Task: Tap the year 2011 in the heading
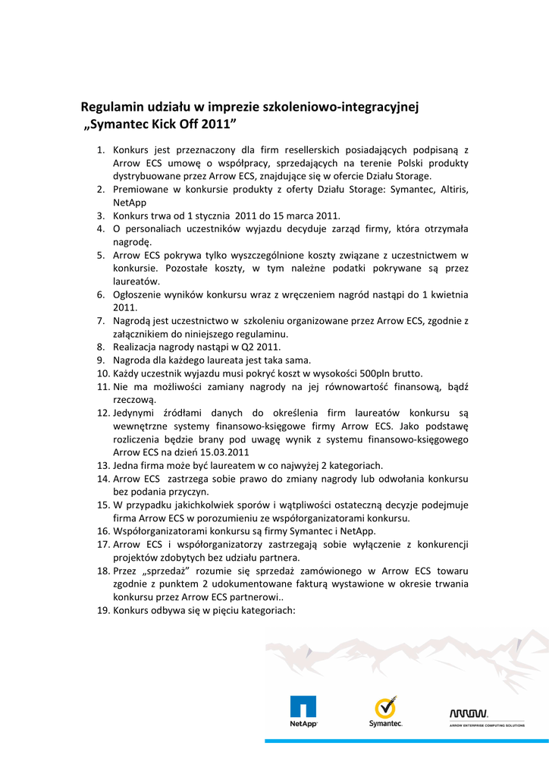click(223, 124)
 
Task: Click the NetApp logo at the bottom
click(303, 713)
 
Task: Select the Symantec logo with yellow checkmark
click(385, 712)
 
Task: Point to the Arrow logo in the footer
click(471, 715)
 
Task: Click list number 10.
click(103, 373)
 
